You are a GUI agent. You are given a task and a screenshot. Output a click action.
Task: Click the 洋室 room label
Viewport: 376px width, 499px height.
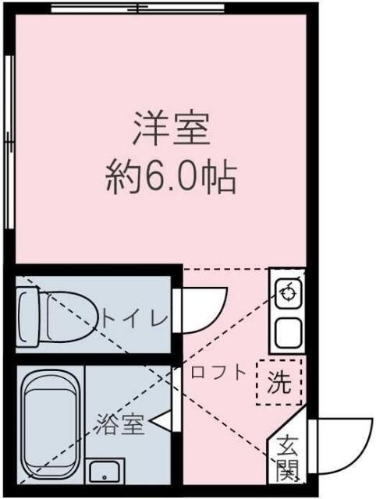click(172, 129)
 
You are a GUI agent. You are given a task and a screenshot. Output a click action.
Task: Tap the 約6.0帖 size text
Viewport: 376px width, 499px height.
click(171, 179)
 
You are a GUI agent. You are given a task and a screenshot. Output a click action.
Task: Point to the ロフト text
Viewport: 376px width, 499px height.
click(218, 372)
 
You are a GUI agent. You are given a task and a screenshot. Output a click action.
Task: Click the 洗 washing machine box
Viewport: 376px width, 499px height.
click(279, 382)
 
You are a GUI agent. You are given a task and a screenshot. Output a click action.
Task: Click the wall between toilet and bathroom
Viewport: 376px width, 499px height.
click(94, 358)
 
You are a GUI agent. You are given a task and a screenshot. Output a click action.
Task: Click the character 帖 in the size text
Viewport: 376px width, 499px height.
click(221, 179)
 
